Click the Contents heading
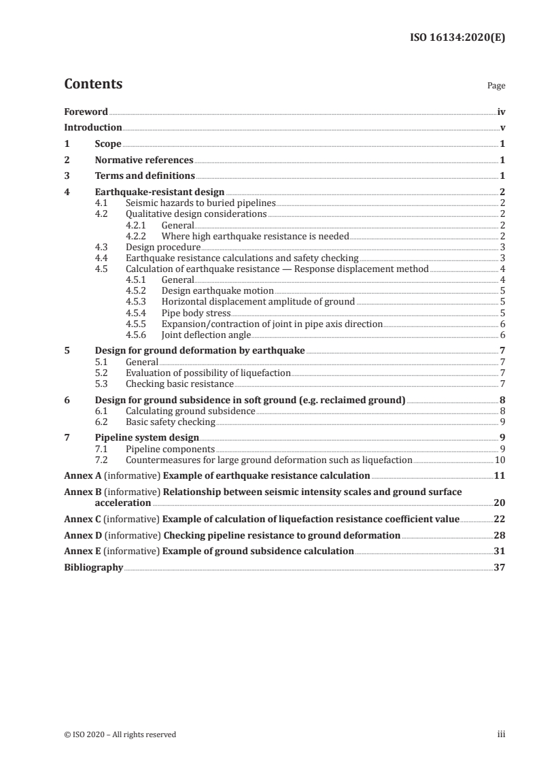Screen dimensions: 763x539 click(x=93, y=84)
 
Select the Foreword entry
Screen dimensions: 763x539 click(x=86, y=112)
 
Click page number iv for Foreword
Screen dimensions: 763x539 click(x=501, y=112)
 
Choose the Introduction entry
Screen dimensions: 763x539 click(x=93, y=128)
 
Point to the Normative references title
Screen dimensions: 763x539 click(x=144, y=160)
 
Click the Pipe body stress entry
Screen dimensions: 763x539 click(x=196, y=313)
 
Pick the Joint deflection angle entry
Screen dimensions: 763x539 click(x=206, y=335)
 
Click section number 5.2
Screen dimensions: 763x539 click(x=101, y=373)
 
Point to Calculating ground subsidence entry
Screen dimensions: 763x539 click(x=191, y=411)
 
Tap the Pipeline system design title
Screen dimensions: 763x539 click(x=147, y=439)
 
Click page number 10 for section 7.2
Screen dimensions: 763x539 click(x=500, y=460)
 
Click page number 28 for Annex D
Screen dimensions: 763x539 click(x=499, y=535)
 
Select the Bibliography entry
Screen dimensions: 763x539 click(x=93, y=567)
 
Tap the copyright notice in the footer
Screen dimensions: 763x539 click(x=120, y=734)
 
